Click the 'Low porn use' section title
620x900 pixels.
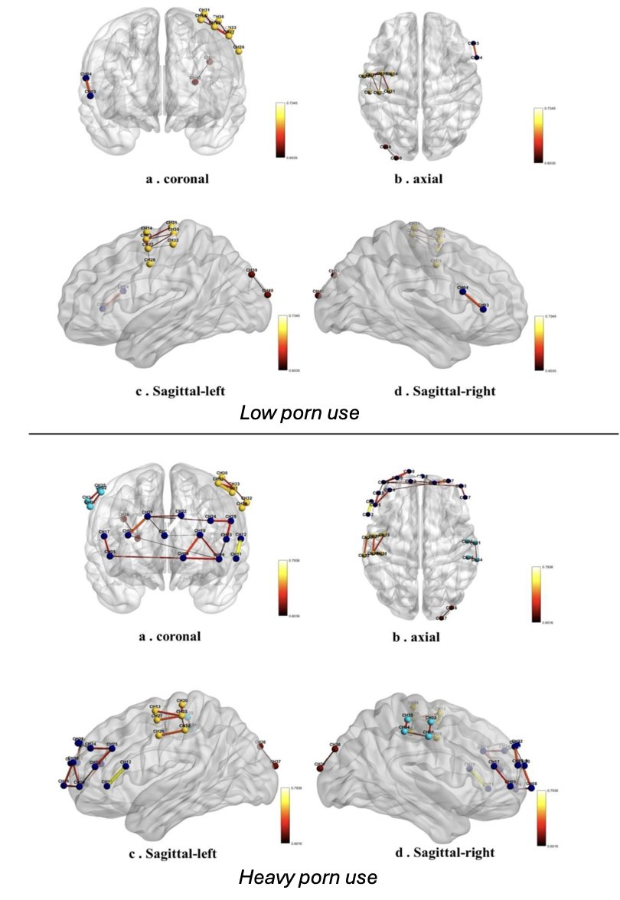299,413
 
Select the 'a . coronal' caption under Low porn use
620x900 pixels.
177,179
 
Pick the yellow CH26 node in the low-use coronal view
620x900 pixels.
239,54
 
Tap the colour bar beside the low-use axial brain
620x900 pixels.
539,135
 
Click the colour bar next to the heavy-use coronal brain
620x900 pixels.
282,588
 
